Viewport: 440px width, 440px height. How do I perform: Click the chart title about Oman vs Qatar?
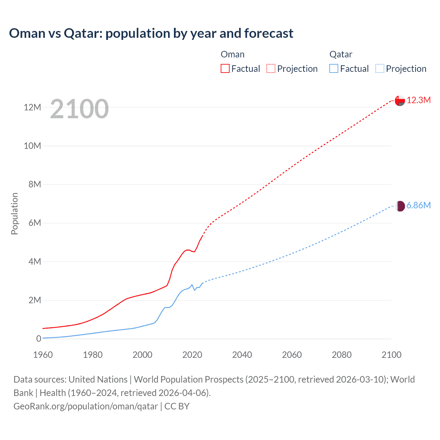[151, 33]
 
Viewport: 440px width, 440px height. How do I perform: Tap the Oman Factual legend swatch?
[225, 68]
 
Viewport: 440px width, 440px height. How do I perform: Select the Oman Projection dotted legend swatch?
[271, 68]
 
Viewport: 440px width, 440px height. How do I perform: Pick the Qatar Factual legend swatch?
[334, 68]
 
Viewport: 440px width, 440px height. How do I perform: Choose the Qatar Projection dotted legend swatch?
[380, 68]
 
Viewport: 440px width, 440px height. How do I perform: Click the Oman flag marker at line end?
[400, 100]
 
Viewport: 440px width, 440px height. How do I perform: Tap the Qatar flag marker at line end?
[400, 206]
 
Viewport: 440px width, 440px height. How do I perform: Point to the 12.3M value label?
[419, 100]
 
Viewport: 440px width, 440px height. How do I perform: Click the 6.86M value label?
[419, 205]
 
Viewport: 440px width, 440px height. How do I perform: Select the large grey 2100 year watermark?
[79, 109]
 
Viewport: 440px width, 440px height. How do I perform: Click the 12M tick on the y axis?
[32, 107]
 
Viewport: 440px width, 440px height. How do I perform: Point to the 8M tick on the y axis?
[34, 184]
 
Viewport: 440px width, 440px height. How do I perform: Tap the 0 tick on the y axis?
[38, 339]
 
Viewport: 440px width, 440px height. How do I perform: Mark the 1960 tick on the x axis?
[43, 355]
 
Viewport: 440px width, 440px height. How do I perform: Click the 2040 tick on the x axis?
[242, 355]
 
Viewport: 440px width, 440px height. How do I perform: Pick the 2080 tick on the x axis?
[342, 355]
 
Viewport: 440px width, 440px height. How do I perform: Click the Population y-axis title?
[14, 213]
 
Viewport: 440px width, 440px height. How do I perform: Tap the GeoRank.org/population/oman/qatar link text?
[86, 406]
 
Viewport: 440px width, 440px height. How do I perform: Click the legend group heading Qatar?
[341, 54]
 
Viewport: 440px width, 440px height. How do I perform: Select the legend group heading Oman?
[233, 54]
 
